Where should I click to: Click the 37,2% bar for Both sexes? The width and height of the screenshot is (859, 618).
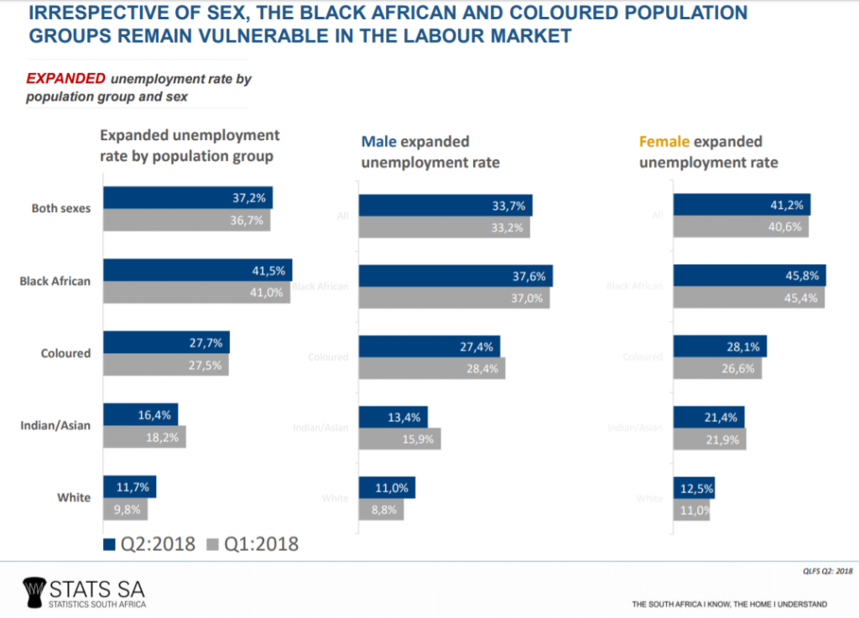(x=187, y=198)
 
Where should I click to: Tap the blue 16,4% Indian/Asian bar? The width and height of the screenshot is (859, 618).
(x=140, y=414)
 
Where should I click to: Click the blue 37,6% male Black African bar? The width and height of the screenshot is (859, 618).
(x=456, y=275)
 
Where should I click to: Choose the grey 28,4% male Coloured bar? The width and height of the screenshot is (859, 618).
(x=432, y=369)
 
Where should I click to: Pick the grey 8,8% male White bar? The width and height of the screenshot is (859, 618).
(x=381, y=510)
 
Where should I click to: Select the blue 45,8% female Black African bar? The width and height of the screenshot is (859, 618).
(x=749, y=275)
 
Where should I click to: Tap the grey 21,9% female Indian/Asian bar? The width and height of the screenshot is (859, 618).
(x=709, y=439)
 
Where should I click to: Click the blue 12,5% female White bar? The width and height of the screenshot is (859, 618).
(x=694, y=488)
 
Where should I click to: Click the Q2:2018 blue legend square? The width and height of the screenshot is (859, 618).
(x=109, y=544)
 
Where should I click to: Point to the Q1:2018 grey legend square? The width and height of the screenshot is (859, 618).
(x=213, y=544)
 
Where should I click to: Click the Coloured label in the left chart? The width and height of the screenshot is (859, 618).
(x=65, y=353)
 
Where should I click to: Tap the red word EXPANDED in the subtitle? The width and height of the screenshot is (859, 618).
(x=65, y=78)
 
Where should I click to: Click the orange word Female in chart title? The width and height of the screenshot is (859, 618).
(x=664, y=142)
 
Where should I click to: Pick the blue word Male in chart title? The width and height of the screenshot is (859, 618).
(x=378, y=142)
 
